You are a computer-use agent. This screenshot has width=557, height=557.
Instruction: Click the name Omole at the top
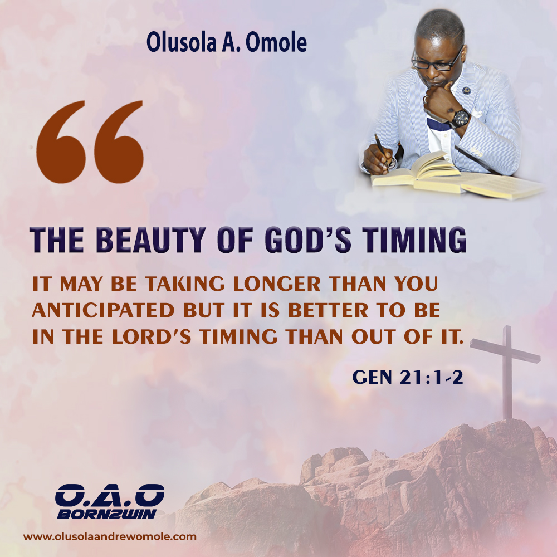click(x=276, y=43)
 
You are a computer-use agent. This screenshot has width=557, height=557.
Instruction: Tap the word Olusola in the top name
click(x=182, y=43)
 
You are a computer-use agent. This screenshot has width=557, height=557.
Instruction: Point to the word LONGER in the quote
click(x=277, y=284)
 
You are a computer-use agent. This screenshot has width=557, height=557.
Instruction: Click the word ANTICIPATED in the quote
click(x=104, y=310)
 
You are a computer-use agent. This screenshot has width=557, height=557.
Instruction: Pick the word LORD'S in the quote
click(x=152, y=336)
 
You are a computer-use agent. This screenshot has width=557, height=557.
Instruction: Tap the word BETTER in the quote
click(x=328, y=310)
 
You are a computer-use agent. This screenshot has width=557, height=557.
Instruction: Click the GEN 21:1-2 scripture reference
click(x=408, y=377)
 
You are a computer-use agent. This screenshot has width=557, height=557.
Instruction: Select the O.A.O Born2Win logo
click(x=110, y=501)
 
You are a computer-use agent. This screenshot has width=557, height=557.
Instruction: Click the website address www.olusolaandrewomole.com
click(x=110, y=537)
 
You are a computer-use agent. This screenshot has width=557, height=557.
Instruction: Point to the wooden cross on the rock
click(x=507, y=371)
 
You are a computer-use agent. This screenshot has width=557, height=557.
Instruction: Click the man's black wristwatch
click(x=461, y=118)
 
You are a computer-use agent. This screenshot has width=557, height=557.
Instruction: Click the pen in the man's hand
click(x=382, y=149)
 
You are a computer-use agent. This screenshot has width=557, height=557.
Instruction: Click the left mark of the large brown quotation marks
click(x=61, y=141)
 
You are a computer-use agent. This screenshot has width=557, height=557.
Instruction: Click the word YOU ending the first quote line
click(x=416, y=284)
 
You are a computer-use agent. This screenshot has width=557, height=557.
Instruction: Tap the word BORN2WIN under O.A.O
click(x=106, y=514)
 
